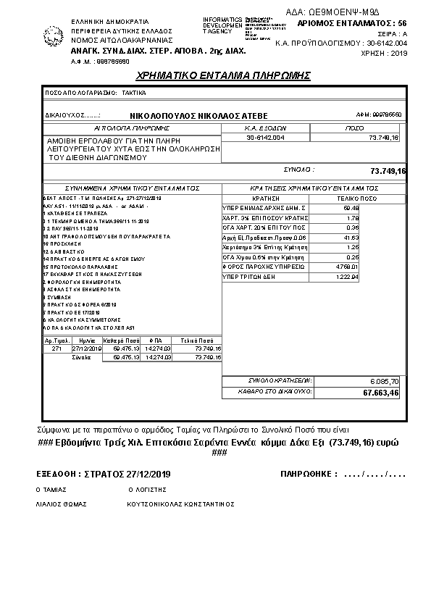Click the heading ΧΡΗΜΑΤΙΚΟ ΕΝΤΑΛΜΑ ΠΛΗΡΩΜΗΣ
click(x=223, y=75)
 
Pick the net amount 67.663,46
click(x=381, y=393)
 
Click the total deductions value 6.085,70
click(x=385, y=380)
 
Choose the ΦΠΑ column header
click(x=156, y=340)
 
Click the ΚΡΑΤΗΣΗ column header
click(x=265, y=196)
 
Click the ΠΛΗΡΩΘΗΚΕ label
click(x=309, y=474)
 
